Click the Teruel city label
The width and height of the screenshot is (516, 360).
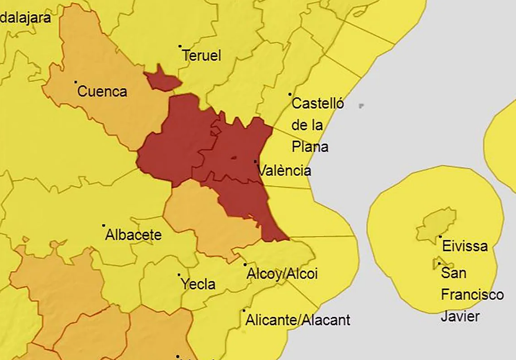point(201,56)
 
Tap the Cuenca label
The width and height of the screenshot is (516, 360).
point(102,92)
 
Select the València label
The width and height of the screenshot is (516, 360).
point(284,171)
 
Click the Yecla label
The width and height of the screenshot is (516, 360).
point(198,284)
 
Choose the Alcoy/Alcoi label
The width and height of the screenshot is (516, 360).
point(282,274)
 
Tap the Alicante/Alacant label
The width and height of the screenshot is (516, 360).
point(298,320)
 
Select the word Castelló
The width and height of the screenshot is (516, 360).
point(318,104)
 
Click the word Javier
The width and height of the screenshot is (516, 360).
point(460,316)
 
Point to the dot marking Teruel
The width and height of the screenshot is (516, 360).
point(180,46)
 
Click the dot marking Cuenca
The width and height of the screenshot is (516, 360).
point(76,82)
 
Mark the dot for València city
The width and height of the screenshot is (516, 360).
point(255,162)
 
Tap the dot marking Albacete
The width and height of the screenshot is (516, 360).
point(104,225)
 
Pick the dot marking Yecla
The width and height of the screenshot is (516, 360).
point(179,275)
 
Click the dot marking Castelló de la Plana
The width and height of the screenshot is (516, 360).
point(290,94)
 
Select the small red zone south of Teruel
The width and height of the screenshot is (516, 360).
point(162,80)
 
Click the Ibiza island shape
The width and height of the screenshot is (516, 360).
point(436,223)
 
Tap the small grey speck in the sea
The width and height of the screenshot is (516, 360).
point(361,105)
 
